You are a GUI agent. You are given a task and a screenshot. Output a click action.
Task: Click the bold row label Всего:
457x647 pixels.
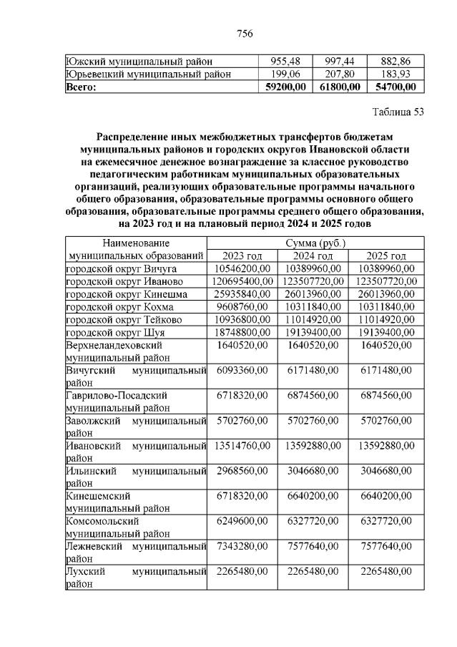(x=81, y=87)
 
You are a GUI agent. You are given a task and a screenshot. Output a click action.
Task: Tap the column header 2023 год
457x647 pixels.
(x=242, y=256)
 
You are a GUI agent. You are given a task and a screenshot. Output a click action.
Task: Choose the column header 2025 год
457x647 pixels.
(x=386, y=256)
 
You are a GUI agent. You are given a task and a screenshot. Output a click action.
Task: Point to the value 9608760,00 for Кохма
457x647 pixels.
(x=242, y=307)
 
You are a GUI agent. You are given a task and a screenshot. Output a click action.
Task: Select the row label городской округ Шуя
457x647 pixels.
(x=115, y=333)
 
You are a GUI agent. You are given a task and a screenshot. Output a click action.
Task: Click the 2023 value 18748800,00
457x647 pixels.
(x=242, y=333)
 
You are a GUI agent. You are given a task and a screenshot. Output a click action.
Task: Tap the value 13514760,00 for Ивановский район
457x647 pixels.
(x=242, y=445)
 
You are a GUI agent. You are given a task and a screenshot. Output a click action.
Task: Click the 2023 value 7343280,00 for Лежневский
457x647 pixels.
(x=242, y=547)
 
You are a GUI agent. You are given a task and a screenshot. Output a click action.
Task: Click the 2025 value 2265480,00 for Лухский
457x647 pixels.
(x=386, y=571)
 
